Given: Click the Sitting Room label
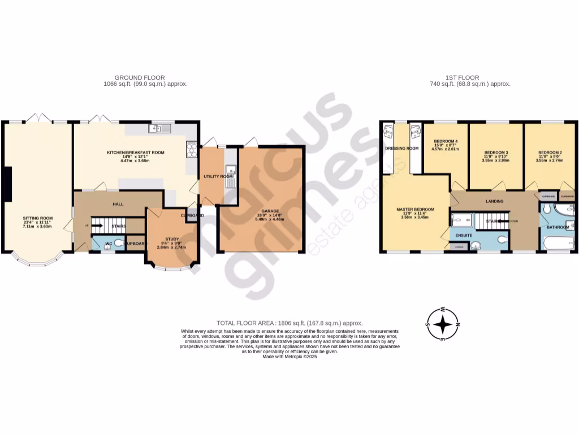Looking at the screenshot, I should (37, 218).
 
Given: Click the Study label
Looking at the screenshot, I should (171, 239).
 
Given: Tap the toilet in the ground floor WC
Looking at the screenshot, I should (118, 244).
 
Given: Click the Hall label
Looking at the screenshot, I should (118, 204).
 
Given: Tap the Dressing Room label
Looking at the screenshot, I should (401, 149).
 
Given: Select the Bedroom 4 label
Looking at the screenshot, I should (446, 141).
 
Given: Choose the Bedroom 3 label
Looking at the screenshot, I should (495, 153).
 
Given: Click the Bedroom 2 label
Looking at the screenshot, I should (550, 153).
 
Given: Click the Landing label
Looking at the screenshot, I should (494, 201).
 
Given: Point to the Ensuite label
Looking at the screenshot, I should (464, 235).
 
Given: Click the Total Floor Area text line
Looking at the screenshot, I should (289, 322).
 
